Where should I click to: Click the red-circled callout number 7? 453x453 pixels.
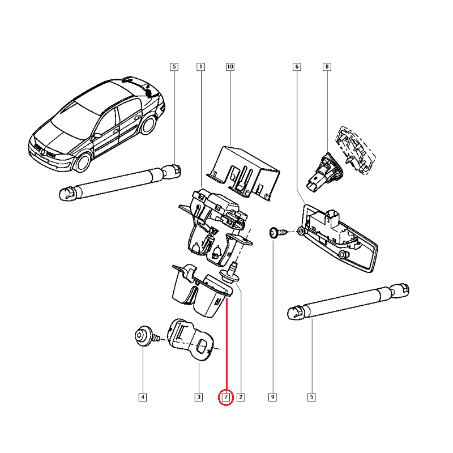[x=226, y=398]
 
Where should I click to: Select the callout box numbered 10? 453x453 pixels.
[x=230, y=67]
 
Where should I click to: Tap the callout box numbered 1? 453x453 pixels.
[x=201, y=67]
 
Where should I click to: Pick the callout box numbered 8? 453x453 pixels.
[x=327, y=67]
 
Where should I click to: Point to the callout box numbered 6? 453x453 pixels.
[x=297, y=67]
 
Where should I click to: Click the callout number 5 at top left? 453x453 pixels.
[x=174, y=67]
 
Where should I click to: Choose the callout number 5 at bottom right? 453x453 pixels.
[x=311, y=397]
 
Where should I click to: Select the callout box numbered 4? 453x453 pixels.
[x=143, y=397]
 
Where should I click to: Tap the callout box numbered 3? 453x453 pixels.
[x=199, y=397]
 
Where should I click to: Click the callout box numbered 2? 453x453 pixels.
[x=241, y=397]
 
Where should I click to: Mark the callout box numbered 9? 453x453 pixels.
[x=272, y=397]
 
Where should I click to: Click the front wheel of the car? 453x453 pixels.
[x=82, y=163]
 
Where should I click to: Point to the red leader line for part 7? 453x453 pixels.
[x=227, y=345]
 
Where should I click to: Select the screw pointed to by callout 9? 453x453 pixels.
[x=279, y=233]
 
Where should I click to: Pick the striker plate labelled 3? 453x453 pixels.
[x=190, y=340]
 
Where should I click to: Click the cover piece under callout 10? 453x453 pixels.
[x=243, y=173]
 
